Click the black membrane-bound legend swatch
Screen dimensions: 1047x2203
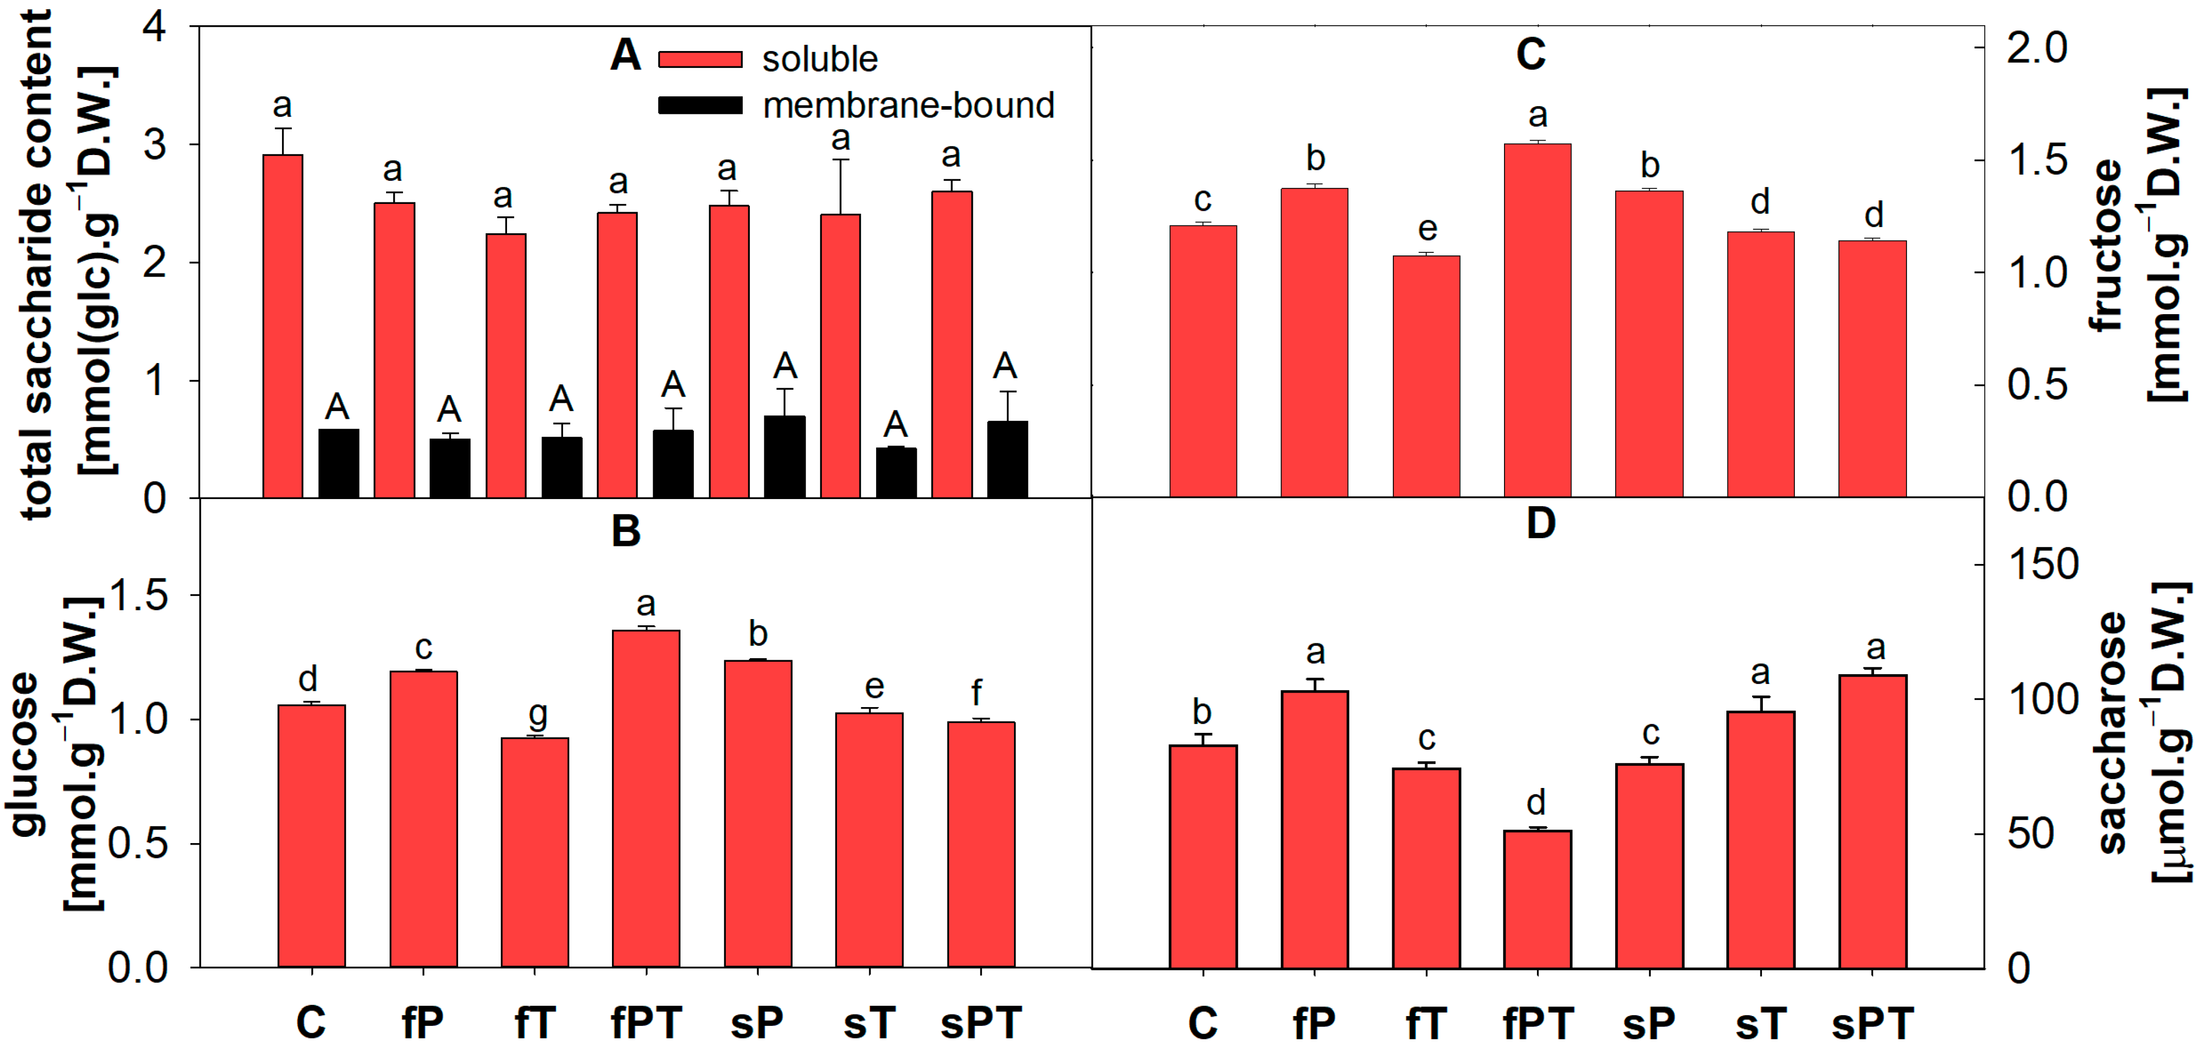(x=700, y=105)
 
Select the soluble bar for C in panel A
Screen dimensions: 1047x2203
(x=282, y=325)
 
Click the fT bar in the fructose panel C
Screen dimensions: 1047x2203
(x=1426, y=376)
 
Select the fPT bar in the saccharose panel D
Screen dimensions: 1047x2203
(x=1537, y=898)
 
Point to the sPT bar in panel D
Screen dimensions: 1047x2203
(x=1872, y=821)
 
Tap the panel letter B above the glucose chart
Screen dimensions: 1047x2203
(x=626, y=531)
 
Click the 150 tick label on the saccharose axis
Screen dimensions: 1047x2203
(x=2042, y=564)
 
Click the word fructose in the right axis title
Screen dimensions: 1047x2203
(x=2106, y=246)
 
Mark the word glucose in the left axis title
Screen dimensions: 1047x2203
(x=26, y=753)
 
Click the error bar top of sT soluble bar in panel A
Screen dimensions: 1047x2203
(x=841, y=160)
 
